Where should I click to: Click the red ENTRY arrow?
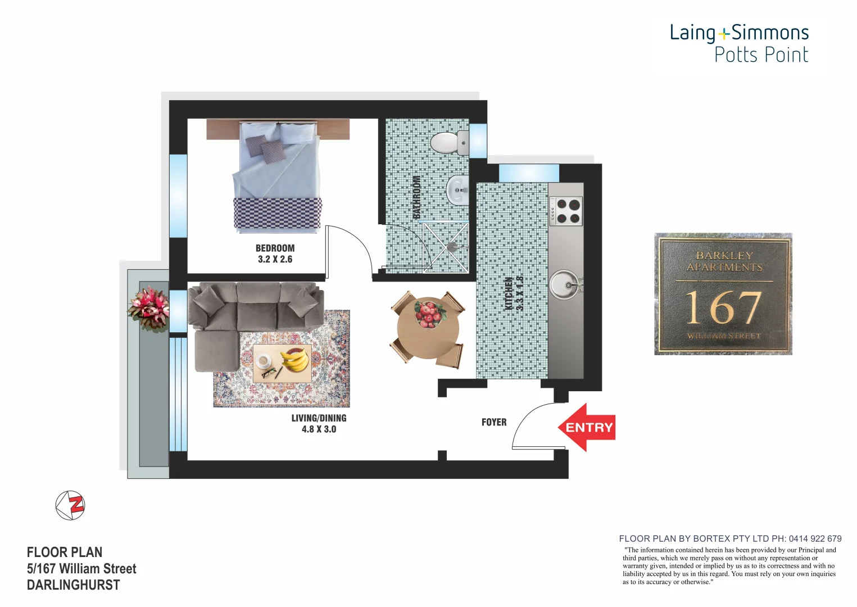pos(587,428)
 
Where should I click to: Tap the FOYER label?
pos(494,422)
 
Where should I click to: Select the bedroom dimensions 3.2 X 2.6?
pos(275,259)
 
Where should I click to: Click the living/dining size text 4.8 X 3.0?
pos(319,429)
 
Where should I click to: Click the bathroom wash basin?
pos(458,190)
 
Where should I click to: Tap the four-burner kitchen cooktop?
pos(566,211)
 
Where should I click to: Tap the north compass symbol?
pos(70,505)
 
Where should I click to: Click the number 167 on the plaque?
pos(723,308)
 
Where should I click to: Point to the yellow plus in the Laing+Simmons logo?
pos(724,34)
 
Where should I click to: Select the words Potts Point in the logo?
pos(761,55)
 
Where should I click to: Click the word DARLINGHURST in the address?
pos(73,585)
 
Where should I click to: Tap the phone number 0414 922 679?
pos(815,538)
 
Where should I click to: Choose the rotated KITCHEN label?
pos(509,293)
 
